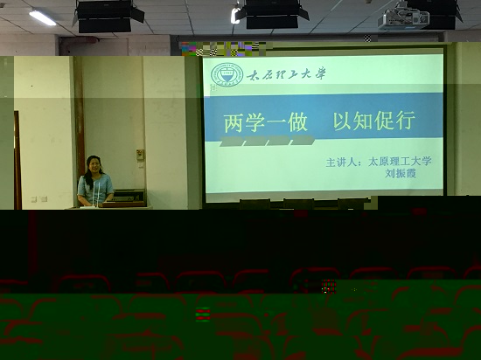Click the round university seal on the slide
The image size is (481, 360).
click(x=227, y=75)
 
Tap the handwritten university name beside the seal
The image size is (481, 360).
click(x=286, y=74)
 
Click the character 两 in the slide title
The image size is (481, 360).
click(x=234, y=123)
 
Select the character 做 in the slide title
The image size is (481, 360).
click(x=297, y=122)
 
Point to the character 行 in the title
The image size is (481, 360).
click(x=405, y=121)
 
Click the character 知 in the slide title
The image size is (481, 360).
click(x=363, y=121)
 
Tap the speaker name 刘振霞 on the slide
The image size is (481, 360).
click(x=401, y=174)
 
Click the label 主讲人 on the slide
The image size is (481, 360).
click(x=341, y=163)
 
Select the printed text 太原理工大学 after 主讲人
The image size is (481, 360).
click(x=400, y=161)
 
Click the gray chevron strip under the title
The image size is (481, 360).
click(x=268, y=141)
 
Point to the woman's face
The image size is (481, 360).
click(x=94, y=166)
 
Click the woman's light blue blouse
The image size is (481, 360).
click(x=95, y=189)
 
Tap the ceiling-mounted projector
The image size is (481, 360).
click(x=403, y=19)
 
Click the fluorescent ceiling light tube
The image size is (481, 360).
click(x=43, y=17)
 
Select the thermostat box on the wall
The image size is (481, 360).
click(x=140, y=155)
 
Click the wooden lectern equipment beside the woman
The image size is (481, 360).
click(x=127, y=197)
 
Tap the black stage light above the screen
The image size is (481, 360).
click(x=272, y=14)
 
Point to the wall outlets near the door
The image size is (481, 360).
click(x=39, y=199)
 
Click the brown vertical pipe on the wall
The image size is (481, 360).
click(x=80, y=116)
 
